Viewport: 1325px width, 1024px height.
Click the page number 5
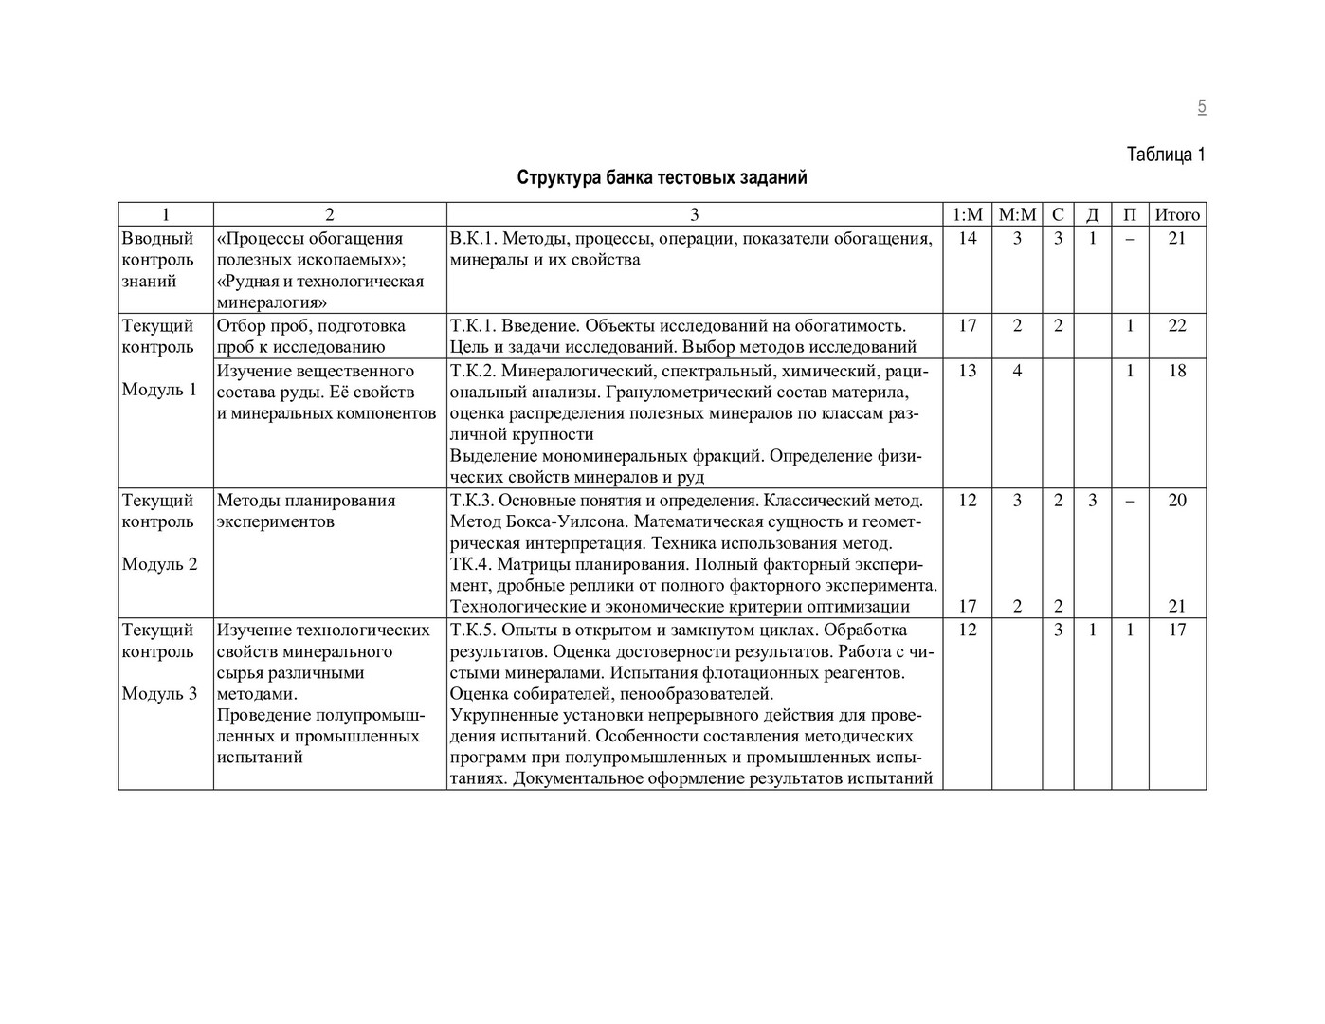point(1201,107)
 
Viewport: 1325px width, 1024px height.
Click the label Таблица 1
point(1165,155)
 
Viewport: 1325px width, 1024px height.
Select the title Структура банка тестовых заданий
point(662,177)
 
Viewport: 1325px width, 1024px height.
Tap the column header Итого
point(1177,215)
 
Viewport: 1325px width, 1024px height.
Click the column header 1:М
point(967,215)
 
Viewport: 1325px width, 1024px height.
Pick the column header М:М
point(1017,215)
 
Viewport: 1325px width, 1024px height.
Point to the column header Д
point(1092,215)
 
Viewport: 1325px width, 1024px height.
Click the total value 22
point(1177,326)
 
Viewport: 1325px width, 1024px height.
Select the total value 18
point(1177,371)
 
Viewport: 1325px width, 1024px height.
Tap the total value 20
point(1177,501)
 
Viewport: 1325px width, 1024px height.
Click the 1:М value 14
point(967,239)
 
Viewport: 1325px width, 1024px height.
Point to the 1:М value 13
point(967,371)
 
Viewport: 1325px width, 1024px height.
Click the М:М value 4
point(1017,371)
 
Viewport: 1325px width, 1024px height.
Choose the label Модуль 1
point(159,390)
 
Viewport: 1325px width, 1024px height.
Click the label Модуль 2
point(159,564)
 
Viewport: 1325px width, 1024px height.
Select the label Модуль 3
point(159,693)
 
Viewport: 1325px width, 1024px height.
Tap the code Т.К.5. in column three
point(473,631)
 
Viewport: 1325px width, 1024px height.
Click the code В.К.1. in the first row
point(475,239)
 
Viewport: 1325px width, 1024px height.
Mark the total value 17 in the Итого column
point(1177,631)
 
